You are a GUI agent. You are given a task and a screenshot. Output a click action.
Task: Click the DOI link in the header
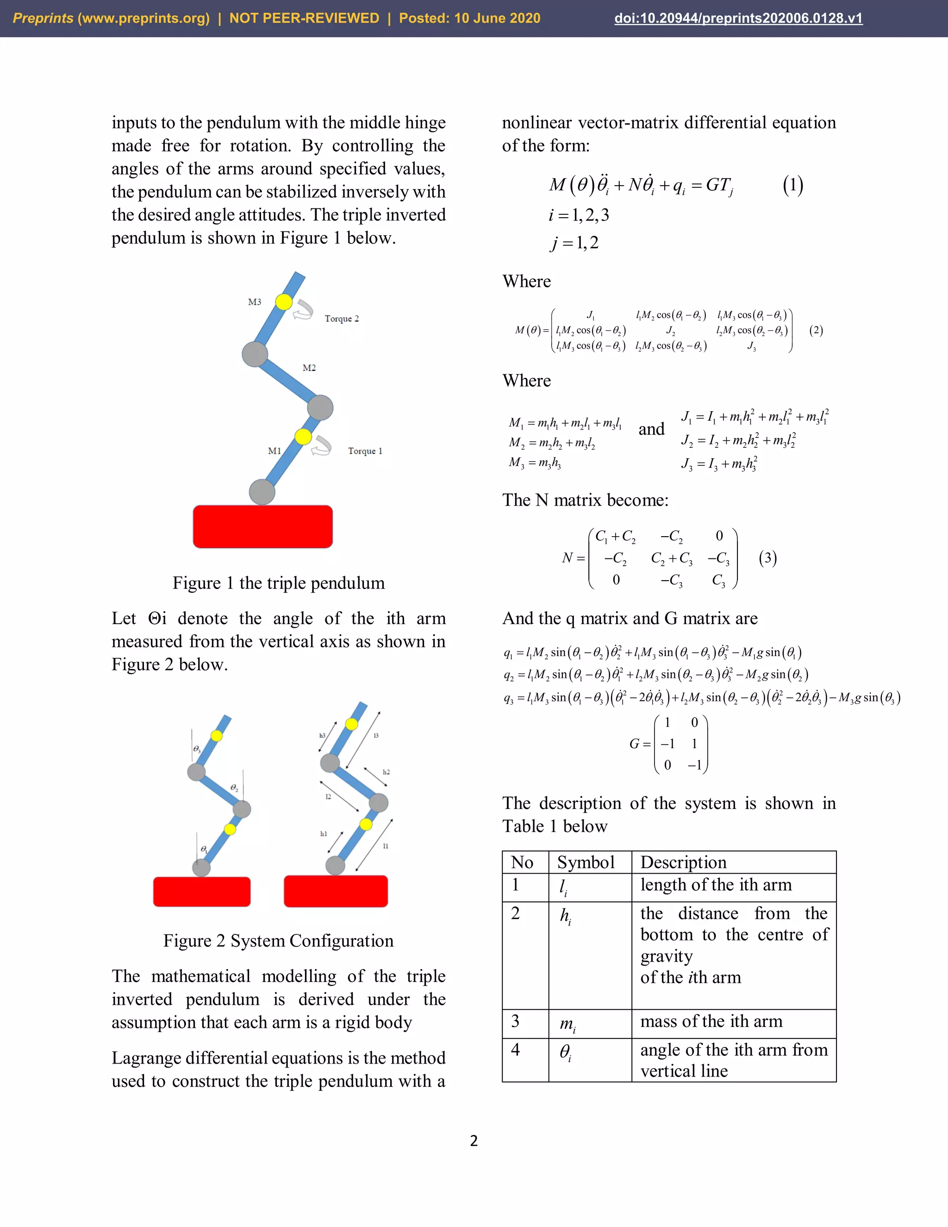(x=738, y=19)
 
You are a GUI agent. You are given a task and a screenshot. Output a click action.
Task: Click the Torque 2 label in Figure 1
(x=342, y=319)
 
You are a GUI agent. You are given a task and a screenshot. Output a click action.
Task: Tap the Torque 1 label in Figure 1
(x=365, y=451)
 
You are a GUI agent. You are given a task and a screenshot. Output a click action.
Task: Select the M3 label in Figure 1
(x=255, y=302)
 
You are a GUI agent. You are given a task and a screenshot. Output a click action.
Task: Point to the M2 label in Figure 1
(x=309, y=368)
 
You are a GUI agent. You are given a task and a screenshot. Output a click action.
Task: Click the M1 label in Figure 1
(x=274, y=451)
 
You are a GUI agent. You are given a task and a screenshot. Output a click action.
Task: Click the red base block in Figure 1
(x=262, y=526)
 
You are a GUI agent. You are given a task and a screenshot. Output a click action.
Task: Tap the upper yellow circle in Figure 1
(x=284, y=302)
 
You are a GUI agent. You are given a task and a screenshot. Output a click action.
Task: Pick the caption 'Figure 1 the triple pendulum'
(x=279, y=583)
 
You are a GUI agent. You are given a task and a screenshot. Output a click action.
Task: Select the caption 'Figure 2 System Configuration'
(x=279, y=940)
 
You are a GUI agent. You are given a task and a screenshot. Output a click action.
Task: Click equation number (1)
(x=792, y=185)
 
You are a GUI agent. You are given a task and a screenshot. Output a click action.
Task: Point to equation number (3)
(x=768, y=558)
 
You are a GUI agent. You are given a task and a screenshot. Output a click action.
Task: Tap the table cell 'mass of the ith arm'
(x=711, y=1021)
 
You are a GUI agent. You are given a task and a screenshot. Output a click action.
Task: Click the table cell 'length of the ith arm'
(x=716, y=885)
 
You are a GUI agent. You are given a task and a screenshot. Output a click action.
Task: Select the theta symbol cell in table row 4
(x=566, y=1052)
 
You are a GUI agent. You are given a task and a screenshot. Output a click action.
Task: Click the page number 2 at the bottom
(x=474, y=1140)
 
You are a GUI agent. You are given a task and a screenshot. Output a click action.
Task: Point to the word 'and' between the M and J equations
(x=651, y=429)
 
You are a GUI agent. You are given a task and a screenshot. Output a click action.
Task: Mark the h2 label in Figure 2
(x=386, y=772)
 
